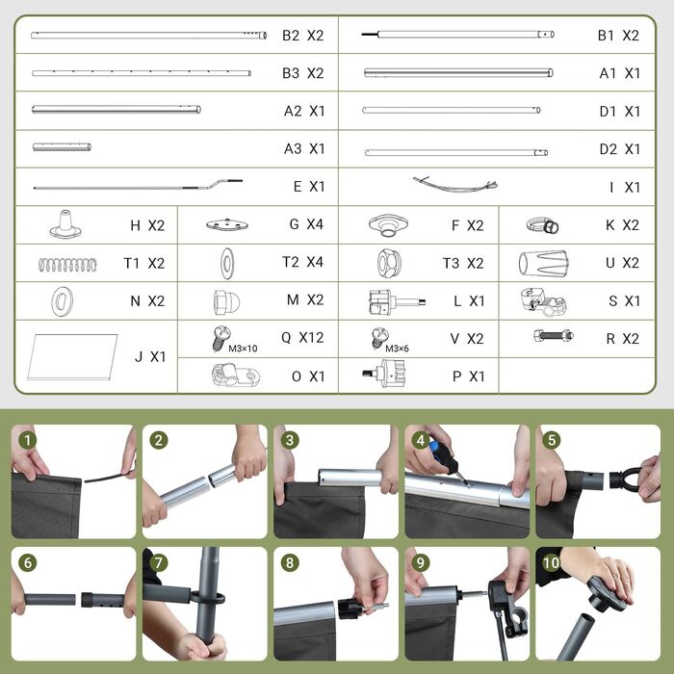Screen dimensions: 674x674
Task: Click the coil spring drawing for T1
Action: point(67,265)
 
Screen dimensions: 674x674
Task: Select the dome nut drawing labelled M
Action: point(226,301)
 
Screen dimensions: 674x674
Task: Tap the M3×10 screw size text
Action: point(243,349)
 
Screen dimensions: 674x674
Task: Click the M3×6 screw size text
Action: point(397,349)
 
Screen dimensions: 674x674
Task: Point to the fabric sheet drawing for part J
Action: point(72,357)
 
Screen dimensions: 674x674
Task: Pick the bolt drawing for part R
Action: point(554,335)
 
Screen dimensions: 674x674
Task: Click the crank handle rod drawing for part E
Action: point(138,185)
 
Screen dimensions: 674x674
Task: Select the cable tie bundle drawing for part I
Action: point(455,185)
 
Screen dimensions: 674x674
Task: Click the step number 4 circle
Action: point(421,440)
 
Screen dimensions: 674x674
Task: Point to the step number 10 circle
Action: point(552,562)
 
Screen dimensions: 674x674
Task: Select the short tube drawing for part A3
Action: point(62,147)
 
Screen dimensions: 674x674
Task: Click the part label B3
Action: point(291,73)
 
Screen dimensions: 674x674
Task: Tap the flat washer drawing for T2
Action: point(226,263)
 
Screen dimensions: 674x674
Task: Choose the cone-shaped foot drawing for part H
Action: point(65,224)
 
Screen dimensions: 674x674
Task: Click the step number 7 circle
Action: point(159,562)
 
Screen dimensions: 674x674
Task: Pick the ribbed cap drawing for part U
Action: point(543,263)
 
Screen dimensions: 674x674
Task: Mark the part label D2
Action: point(608,149)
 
